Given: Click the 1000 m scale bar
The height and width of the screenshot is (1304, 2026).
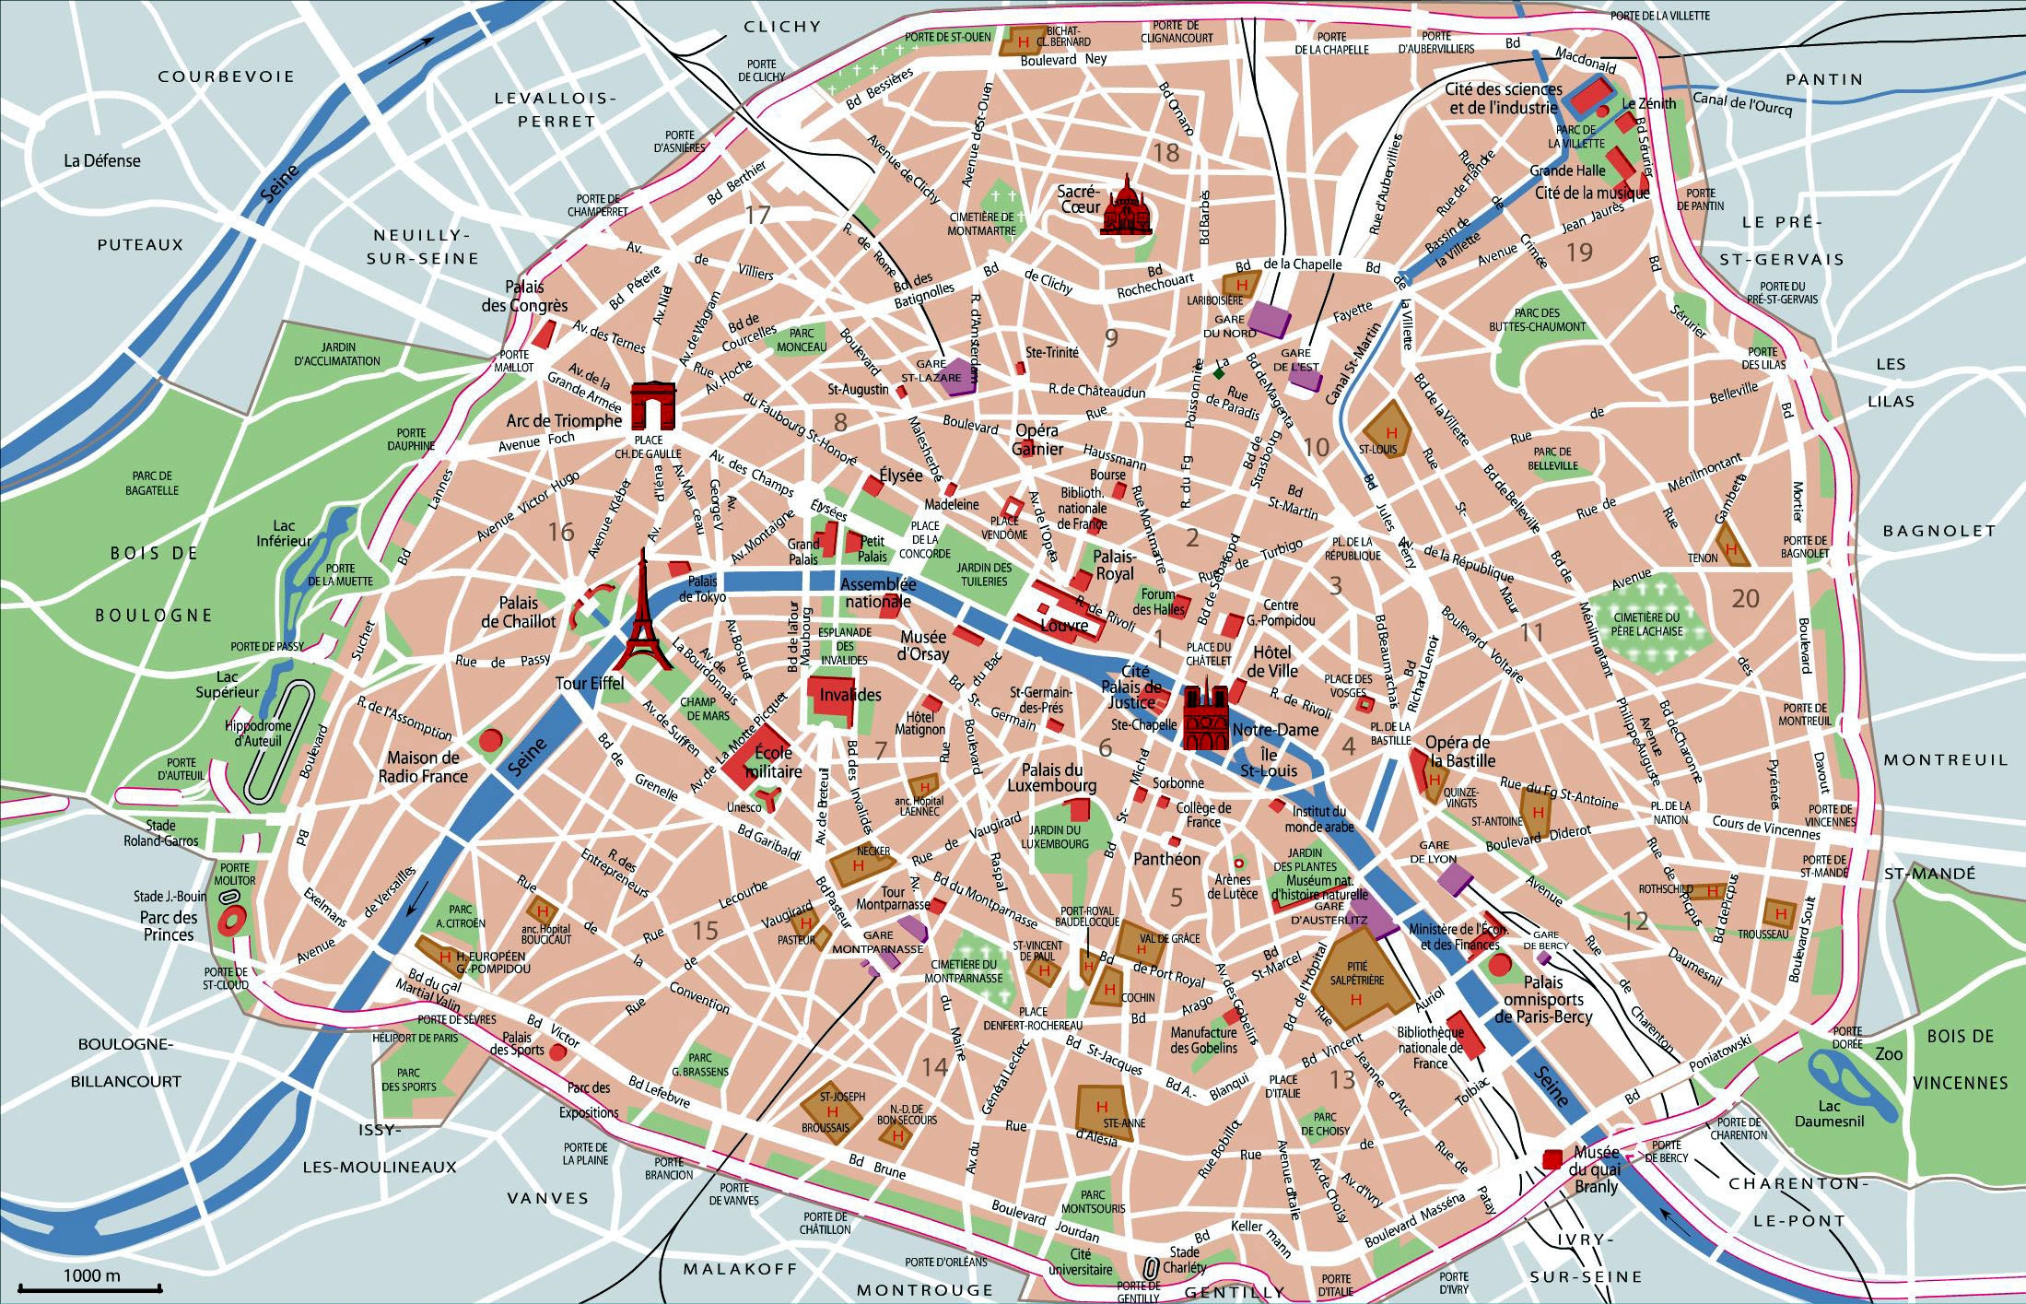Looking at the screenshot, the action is tap(91, 1286).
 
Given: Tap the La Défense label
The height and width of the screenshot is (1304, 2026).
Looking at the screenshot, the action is tap(101, 160).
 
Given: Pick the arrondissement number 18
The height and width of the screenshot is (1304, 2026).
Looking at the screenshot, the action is tap(1166, 152).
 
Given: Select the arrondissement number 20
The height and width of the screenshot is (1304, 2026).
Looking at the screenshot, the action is tap(1745, 599).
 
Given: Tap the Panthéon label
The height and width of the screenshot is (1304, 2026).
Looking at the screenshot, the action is tap(1166, 859).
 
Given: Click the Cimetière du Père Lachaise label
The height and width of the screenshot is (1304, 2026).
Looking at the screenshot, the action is tap(1646, 624).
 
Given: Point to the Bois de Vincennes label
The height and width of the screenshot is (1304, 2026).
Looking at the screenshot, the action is tap(1959, 1059).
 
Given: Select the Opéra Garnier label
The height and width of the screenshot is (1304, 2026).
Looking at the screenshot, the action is tap(1036, 440).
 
